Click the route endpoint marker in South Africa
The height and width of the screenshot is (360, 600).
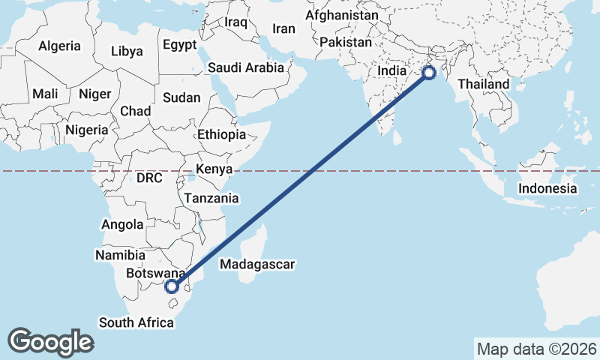click(x=172, y=286)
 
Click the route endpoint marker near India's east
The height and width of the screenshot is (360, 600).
click(x=428, y=73)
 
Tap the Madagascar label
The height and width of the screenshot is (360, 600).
click(x=257, y=264)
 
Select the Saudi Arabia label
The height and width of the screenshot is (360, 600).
click(x=246, y=67)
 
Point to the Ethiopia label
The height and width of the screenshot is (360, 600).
click(x=221, y=135)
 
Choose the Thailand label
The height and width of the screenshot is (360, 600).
click(x=484, y=85)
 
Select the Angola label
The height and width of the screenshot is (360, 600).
click(x=122, y=224)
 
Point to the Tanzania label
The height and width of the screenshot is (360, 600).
click(x=211, y=199)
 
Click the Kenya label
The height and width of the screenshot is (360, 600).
click(x=214, y=169)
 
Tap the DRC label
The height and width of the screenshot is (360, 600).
click(x=149, y=178)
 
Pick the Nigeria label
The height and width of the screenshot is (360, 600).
click(x=87, y=130)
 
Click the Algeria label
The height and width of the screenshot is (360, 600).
click(x=59, y=46)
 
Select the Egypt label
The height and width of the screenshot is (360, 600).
click(x=179, y=43)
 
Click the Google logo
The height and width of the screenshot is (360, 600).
click(x=50, y=341)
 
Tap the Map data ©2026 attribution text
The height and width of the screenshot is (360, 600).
click(x=536, y=349)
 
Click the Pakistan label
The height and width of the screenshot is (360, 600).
click(x=345, y=43)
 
